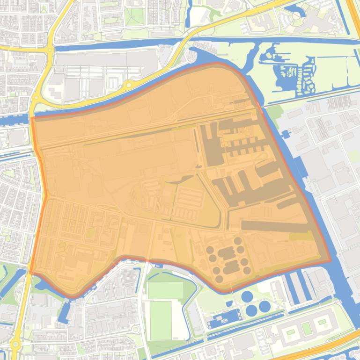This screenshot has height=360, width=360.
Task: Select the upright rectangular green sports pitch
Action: click(161, 320)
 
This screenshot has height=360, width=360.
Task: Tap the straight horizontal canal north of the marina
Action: click(281, 40)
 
